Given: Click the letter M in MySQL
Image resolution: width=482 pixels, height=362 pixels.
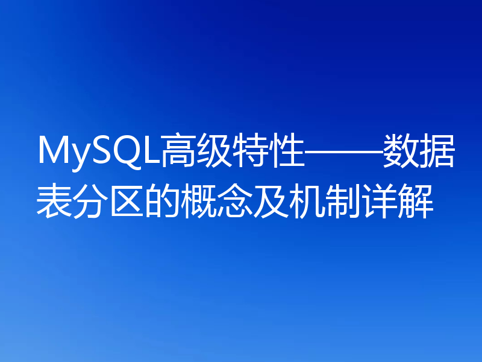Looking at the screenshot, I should click(52, 151).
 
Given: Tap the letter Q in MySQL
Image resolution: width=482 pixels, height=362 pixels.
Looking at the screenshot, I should click(127, 151).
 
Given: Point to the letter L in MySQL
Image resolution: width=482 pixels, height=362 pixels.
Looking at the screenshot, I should click(150, 151).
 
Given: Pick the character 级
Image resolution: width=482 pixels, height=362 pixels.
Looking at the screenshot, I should click(214, 151).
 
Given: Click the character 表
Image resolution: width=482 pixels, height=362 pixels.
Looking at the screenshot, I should click(54, 202).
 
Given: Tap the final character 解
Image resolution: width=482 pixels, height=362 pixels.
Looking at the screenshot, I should click(416, 202).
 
